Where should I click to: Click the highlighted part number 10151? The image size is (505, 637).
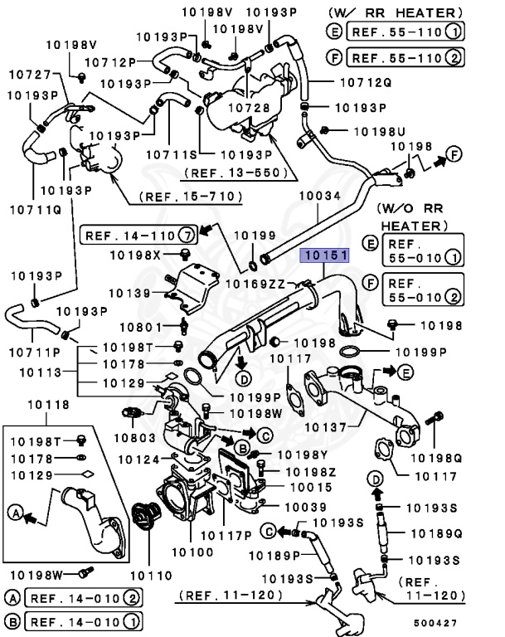click(x=325, y=256)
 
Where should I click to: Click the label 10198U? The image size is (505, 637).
click(x=379, y=131)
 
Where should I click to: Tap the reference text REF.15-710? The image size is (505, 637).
click(x=190, y=197)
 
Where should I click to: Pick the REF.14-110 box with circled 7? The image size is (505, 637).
click(x=138, y=235)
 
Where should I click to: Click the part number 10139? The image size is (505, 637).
click(x=128, y=293)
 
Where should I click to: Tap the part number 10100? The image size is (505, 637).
click(x=193, y=551)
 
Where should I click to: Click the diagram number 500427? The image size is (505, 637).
click(x=435, y=620)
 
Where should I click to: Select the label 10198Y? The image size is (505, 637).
click(x=302, y=455)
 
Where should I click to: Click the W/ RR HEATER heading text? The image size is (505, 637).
click(x=393, y=12)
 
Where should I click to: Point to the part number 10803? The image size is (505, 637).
click(x=134, y=435)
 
